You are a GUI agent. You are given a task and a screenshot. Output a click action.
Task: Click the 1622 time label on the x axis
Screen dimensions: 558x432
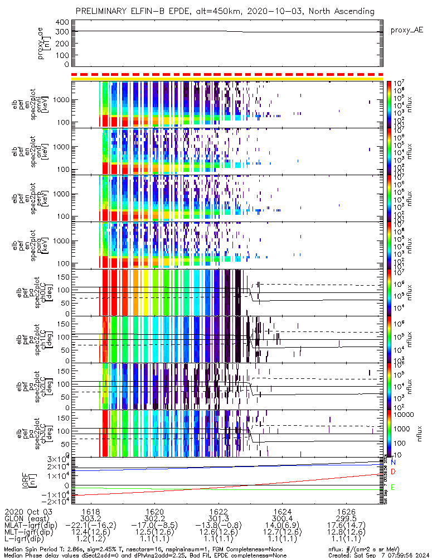click(219, 511)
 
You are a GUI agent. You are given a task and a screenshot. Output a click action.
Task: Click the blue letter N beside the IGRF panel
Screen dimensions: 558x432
click(393, 463)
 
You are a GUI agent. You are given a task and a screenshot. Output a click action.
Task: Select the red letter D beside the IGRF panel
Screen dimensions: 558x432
click(393, 472)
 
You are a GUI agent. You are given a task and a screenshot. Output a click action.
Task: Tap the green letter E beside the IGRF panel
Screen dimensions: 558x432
click(393, 487)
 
